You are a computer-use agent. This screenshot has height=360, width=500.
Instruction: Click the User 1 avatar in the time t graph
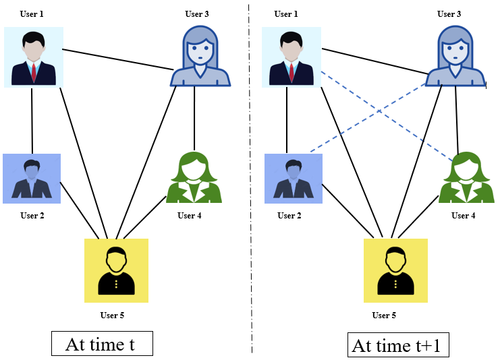pyautogui.click(x=33, y=57)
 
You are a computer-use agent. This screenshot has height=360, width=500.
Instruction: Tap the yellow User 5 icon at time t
pyautogui.click(x=116, y=270)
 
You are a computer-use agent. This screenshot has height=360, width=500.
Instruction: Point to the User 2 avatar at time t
pyautogui.click(x=32, y=179)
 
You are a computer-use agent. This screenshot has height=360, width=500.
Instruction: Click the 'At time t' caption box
pyautogui.click(x=102, y=344)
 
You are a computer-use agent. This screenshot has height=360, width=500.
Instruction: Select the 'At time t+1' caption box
pyautogui.click(x=398, y=346)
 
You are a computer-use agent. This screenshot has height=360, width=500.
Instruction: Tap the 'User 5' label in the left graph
pyautogui.click(x=112, y=315)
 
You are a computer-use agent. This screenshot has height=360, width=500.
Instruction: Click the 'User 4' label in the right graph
pyautogui.click(x=463, y=216)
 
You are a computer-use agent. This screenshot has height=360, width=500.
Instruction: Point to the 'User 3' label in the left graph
pyautogui.click(x=197, y=14)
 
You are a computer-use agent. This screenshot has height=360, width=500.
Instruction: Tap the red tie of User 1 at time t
pyautogui.click(x=32, y=71)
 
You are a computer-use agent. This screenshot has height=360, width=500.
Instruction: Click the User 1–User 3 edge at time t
pyautogui.click(x=115, y=58)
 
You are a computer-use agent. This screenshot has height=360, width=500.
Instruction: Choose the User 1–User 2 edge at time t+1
pyautogui.click(x=287, y=121)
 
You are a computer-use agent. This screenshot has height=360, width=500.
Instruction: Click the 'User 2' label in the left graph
pyautogui.click(x=32, y=216)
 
